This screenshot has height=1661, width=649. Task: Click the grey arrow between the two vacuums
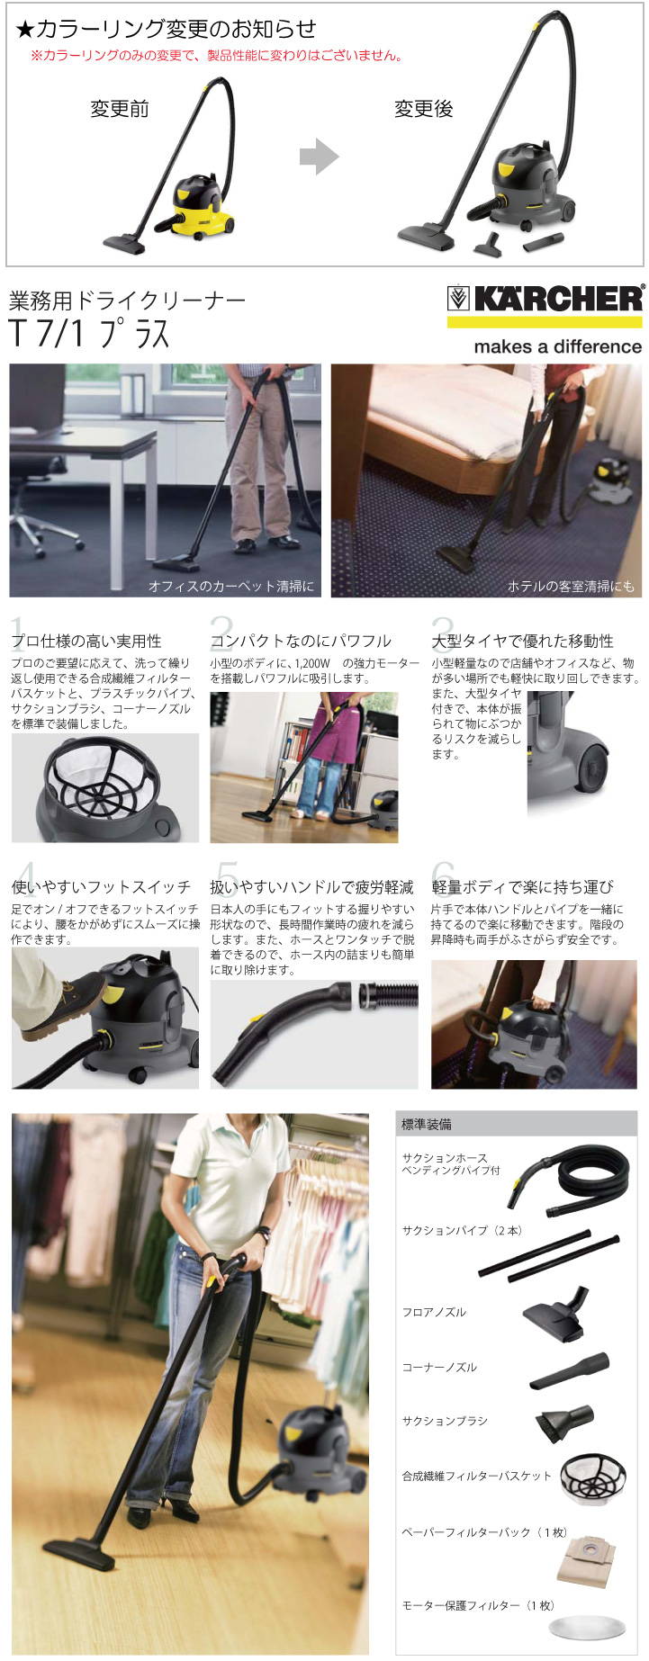coord(319,157)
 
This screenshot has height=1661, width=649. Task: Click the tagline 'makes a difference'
coord(558,346)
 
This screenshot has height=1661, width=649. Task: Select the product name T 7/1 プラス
coord(90,334)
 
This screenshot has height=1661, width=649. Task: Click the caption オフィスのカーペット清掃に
coord(231,586)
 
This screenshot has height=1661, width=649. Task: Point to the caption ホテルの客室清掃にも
coord(571,586)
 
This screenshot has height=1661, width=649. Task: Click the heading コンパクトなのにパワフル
coord(301,641)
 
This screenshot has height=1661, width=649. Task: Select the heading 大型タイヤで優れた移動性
coord(522,641)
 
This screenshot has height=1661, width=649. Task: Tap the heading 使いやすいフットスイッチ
coord(101,886)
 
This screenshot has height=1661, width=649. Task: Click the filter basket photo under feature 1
coord(105,787)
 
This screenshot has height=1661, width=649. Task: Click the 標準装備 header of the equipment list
coord(427,1124)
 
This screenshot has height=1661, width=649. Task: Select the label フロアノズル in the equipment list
coord(434,1312)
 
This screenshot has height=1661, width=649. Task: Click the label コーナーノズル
coord(439,1367)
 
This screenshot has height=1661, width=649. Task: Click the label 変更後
coord(423,109)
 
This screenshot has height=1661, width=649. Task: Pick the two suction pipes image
coord(549,1257)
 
